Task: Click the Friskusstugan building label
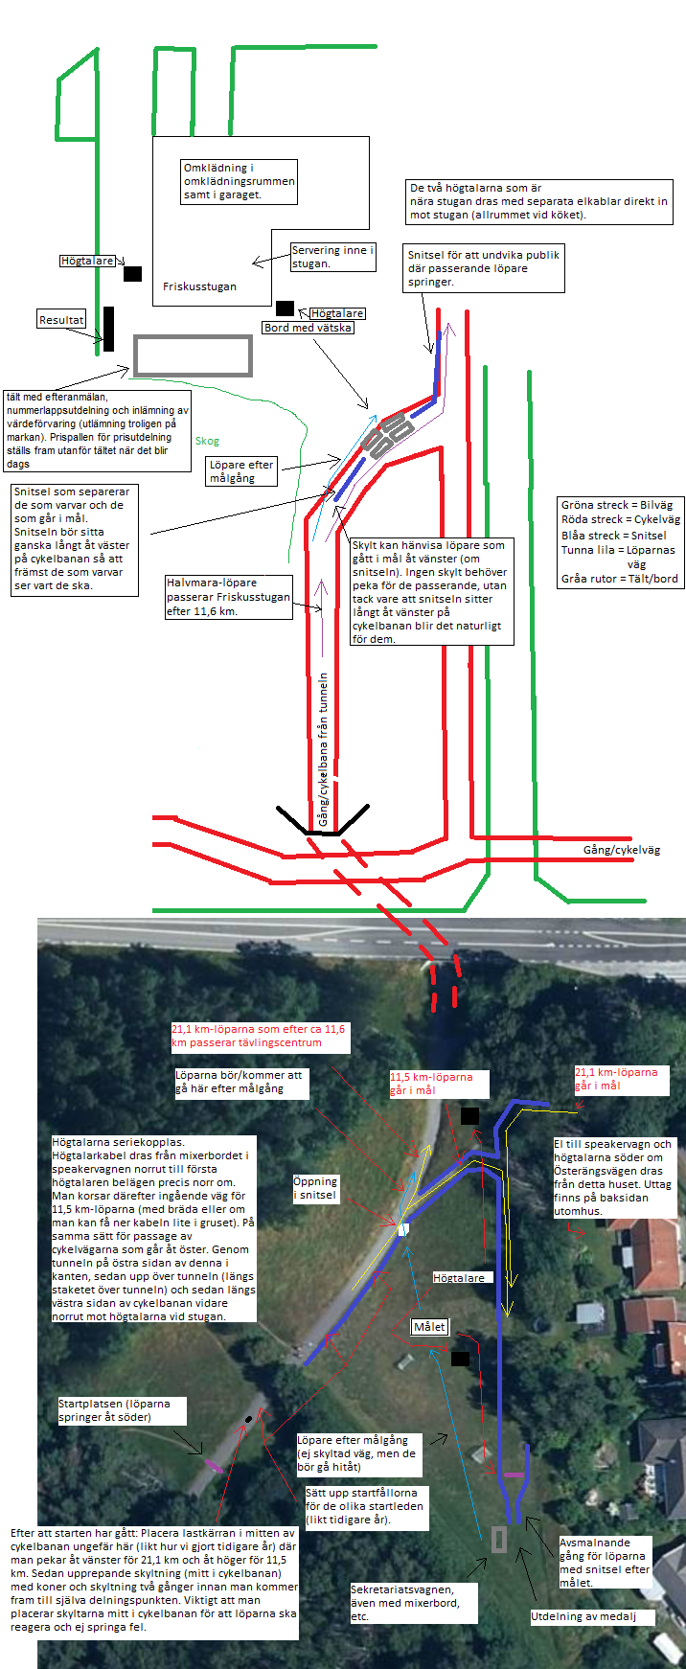point(199,286)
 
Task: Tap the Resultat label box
point(61,320)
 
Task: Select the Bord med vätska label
point(309,328)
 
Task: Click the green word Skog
point(207,441)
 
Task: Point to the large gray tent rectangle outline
point(193,355)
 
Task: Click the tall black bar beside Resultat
point(109,329)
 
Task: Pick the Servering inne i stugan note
point(332,257)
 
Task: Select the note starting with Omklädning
point(239,181)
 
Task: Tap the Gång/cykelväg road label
point(622,850)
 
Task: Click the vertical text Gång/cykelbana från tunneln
point(323,749)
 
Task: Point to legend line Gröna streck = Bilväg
point(617,505)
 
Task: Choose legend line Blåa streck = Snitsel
point(614,536)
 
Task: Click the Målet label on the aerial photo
point(429,1327)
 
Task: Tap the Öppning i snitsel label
point(316,1188)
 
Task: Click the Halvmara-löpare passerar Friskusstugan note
point(228,597)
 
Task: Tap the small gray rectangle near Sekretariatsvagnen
point(499,1539)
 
